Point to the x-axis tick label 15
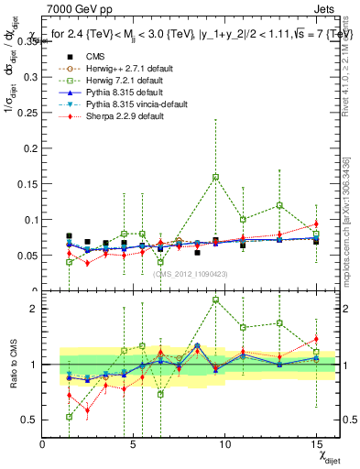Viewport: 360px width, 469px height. pos(316,442)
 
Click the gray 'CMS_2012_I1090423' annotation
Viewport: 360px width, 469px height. pos(190,274)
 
